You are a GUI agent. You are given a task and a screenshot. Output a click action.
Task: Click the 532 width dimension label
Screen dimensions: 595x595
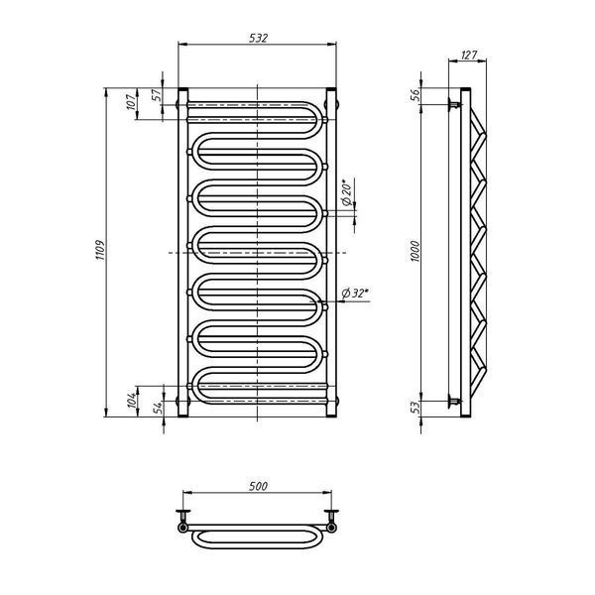point(259,38)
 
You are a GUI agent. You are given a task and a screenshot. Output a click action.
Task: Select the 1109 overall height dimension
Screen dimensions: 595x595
point(100,250)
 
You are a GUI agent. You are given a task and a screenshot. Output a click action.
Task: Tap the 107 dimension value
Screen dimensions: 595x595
point(131,102)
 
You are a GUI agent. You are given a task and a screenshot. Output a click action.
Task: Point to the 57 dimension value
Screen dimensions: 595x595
point(157,95)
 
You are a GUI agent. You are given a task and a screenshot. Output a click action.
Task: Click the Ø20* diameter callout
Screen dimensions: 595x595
point(347,192)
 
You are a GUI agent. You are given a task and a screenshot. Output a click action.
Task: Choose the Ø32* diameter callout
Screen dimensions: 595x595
point(355,293)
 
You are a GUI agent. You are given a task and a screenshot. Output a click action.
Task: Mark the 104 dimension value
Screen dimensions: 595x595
point(131,401)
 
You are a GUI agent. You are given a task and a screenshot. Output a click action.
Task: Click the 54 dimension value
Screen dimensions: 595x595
point(158,407)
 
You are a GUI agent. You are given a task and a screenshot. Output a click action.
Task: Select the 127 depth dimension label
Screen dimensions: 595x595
point(469,55)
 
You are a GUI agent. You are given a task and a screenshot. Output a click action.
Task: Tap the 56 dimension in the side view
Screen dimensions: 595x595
point(416,95)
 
